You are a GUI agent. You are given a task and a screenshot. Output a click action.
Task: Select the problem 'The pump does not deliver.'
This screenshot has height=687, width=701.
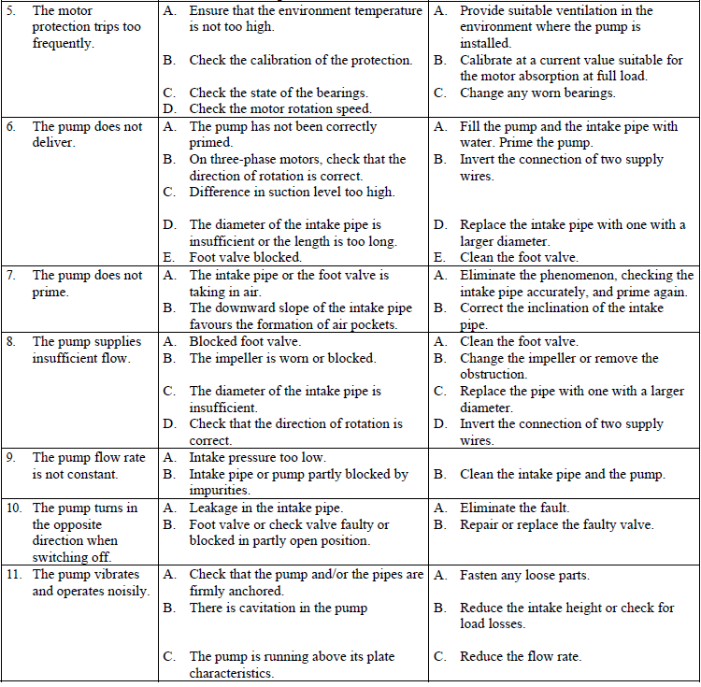tap(87, 135)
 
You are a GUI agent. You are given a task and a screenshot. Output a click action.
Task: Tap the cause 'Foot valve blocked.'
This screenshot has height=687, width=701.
tap(245, 257)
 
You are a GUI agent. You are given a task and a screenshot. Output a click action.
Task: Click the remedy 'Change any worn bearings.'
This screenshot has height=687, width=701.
tap(537, 93)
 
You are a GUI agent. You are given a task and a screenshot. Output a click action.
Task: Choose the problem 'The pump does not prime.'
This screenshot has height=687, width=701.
tap(87, 283)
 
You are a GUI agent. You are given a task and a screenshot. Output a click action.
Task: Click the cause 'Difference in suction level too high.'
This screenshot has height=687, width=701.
tap(292, 192)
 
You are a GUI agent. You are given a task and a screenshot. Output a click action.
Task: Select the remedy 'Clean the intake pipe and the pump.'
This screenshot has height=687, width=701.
tap(562, 474)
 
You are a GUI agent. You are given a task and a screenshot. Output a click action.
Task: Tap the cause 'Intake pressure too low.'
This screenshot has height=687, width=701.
tap(257, 458)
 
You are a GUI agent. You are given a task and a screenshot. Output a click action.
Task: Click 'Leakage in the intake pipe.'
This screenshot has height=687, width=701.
tap(265, 508)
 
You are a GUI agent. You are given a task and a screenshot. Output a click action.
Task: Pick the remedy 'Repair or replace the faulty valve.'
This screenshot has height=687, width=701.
tap(556, 524)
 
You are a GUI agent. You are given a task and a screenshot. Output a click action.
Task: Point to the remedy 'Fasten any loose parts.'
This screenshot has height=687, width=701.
tap(524, 575)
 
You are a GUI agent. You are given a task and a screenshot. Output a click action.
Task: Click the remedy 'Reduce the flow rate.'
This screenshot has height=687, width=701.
tap(520, 657)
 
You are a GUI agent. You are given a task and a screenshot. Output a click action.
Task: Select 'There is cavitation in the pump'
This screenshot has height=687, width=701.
tap(278, 608)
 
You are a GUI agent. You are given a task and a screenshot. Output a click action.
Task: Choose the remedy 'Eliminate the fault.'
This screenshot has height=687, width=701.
tap(514, 508)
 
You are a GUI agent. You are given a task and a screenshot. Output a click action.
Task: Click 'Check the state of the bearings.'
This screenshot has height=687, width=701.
tap(278, 93)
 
